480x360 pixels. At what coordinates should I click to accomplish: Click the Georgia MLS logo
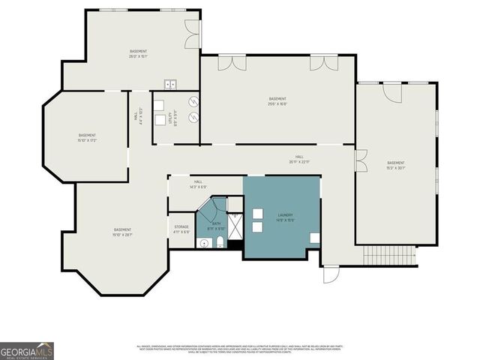27,350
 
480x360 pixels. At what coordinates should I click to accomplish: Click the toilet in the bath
219,242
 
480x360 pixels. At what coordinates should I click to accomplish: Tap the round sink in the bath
203,243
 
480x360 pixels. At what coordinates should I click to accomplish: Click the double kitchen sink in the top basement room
170,84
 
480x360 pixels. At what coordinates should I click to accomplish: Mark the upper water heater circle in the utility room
193,101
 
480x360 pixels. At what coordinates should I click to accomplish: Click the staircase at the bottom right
390,257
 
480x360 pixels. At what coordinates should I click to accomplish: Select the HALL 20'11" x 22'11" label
298,159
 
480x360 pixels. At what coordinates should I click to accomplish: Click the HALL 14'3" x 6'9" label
198,184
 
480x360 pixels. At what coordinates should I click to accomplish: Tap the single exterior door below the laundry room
331,274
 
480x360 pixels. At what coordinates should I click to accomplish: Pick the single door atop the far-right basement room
391,92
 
